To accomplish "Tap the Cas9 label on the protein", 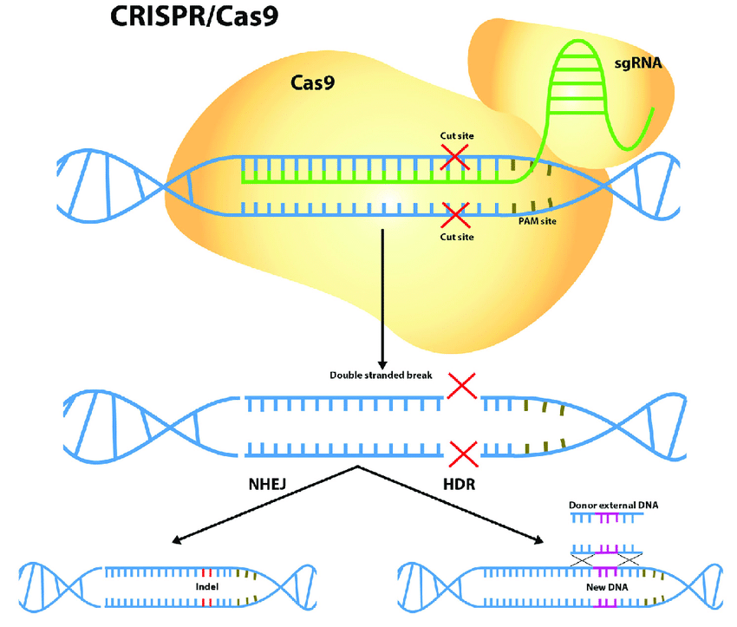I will click(312, 83).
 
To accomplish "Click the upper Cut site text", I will click(457, 136).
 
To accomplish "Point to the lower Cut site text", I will click(457, 237).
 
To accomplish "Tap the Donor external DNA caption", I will click(607, 505).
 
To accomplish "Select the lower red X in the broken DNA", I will click(463, 452).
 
